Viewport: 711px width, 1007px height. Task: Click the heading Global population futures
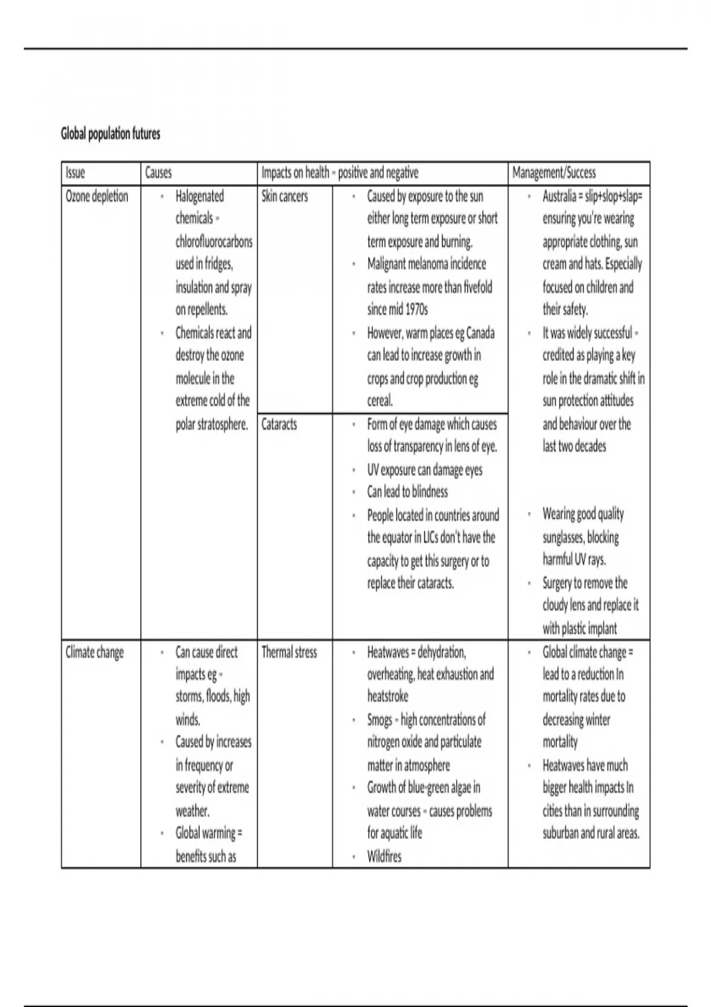pyautogui.click(x=110, y=134)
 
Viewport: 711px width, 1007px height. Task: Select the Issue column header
pyautogui.click(x=75, y=173)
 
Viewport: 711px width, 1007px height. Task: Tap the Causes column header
pyautogui.click(x=158, y=173)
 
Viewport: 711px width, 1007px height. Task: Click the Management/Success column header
pyautogui.click(x=554, y=173)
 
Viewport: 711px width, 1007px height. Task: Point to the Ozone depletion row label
pyautogui.click(x=97, y=196)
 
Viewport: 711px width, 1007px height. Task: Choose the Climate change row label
pyautogui.click(x=95, y=652)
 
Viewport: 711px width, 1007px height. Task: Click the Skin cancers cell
pyautogui.click(x=284, y=196)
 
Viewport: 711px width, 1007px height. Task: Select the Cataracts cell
pyautogui.click(x=279, y=424)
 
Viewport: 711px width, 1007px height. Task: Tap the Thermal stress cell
pyautogui.click(x=289, y=652)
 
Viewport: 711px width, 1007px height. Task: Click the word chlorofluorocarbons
pyautogui.click(x=214, y=242)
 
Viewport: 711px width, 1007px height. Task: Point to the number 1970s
pyautogui.click(x=417, y=310)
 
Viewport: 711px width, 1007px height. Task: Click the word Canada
pyautogui.click(x=481, y=333)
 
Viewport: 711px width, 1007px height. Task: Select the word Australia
pyautogui.click(x=559, y=196)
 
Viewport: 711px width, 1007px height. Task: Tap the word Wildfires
pyautogui.click(x=384, y=857)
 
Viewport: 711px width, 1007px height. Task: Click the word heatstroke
pyautogui.click(x=387, y=697)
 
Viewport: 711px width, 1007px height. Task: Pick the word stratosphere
pyautogui.click(x=222, y=424)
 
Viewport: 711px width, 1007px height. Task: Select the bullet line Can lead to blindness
pyautogui.click(x=408, y=492)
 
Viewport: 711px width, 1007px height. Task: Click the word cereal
pyautogui.click(x=380, y=401)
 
